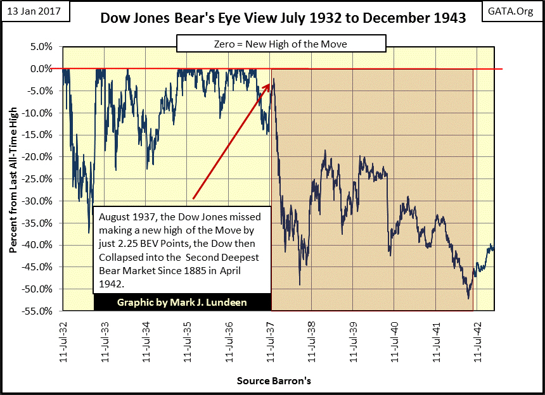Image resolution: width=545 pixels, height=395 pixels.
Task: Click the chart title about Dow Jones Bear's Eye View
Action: [283, 18]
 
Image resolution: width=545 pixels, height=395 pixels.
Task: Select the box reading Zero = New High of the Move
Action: [281, 43]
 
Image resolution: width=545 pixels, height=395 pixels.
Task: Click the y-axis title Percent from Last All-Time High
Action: [13, 179]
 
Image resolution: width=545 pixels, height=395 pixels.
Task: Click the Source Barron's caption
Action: [274, 381]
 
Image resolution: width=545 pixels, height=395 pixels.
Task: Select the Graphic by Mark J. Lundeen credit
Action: [183, 303]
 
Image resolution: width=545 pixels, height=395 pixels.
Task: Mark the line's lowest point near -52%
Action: [468, 298]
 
